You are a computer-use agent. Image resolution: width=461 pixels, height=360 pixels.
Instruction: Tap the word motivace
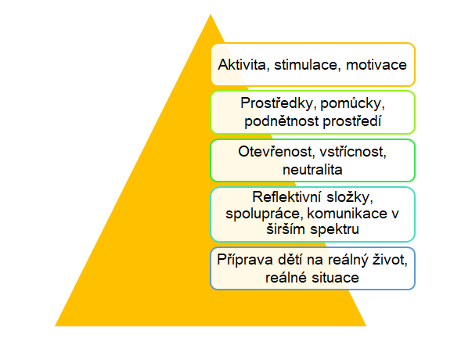376,65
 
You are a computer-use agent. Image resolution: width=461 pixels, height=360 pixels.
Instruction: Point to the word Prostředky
278,103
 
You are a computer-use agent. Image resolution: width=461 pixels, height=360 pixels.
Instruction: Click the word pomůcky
352,104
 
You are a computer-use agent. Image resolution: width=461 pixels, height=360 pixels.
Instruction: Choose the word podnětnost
281,121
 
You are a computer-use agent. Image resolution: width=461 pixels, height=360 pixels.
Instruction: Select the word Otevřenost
276,152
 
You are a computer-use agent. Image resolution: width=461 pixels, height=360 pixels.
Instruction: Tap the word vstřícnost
353,152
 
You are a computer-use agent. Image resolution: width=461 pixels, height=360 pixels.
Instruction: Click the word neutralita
312,170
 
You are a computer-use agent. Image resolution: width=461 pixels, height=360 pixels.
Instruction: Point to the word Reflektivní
287,196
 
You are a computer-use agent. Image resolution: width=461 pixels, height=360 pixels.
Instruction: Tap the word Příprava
245,260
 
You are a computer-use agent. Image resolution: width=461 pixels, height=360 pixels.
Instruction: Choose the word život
390,260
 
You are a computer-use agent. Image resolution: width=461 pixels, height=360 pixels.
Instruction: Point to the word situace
336,278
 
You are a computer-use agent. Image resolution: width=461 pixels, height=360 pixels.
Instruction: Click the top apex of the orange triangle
211,14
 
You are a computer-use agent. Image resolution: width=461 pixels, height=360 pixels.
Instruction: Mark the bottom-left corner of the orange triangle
55,326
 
